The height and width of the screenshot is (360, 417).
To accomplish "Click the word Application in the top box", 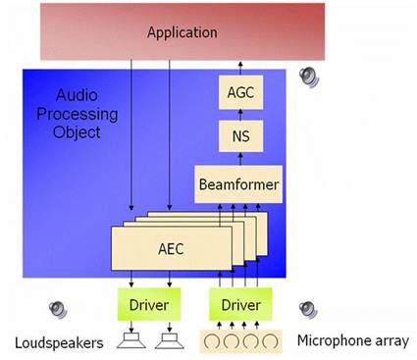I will click(182, 32).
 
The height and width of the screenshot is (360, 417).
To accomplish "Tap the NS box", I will click(239, 137).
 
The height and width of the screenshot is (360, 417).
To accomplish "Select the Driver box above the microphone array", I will click(238, 305).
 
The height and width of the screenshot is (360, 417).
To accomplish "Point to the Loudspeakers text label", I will click(56, 341).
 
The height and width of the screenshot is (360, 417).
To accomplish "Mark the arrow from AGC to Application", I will click(239, 70).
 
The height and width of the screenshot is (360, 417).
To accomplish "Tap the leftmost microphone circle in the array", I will click(211, 341).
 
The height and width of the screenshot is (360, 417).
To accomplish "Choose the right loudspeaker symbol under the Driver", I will click(169, 340).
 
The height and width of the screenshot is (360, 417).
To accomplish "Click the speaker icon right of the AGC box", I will click(309, 74).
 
